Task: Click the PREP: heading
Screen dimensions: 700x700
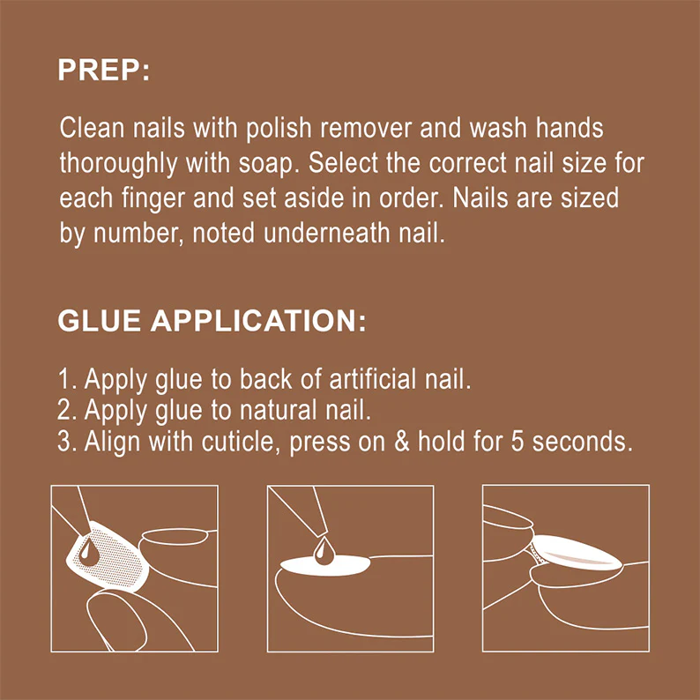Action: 103,71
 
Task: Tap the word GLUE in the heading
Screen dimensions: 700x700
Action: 99,321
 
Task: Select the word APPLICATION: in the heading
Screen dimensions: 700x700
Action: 258,321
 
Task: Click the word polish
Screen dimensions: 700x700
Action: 279,129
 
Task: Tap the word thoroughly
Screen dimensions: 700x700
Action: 118,164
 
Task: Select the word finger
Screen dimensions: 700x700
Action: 153,199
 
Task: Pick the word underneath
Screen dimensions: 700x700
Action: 326,234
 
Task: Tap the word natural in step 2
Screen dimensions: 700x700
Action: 278,411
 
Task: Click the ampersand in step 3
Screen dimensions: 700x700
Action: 402,442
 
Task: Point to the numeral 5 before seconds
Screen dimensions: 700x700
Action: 517,442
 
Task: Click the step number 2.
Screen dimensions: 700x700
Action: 65,411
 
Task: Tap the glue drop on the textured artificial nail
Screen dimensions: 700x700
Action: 88,551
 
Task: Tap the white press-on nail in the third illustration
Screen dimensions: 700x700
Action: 576,553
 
